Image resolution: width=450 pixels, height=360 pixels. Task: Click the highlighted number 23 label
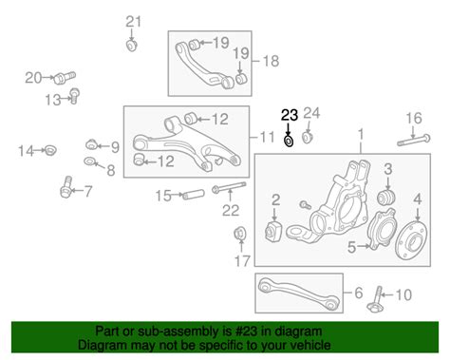click(x=290, y=115)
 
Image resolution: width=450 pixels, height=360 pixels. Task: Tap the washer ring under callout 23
click(x=289, y=141)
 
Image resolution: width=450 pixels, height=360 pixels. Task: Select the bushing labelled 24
click(x=307, y=138)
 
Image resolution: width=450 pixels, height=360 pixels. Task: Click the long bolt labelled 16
click(x=414, y=141)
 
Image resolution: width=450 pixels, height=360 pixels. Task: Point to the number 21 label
click(x=133, y=22)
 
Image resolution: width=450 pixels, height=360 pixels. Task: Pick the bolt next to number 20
click(x=65, y=77)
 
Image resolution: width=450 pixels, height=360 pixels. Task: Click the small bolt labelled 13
click(x=75, y=96)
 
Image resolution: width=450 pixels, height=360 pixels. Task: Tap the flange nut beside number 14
click(x=48, y=150)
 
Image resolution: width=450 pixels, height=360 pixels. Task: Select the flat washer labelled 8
click(x=89, y=161)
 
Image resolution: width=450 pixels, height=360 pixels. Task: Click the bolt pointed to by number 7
click(x=66, y=187)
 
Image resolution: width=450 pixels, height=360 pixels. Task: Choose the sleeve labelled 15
click(x=194, y=194)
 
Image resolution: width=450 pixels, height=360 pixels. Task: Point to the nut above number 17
click(x=240, y=235)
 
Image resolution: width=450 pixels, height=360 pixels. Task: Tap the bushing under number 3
click(x=386, y=197)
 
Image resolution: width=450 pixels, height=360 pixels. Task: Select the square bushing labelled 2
click(x=273, y=232)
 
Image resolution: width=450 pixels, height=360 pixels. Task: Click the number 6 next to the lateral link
click(x=358, y=293)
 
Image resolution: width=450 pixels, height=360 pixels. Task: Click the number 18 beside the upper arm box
click(x=272, y=61)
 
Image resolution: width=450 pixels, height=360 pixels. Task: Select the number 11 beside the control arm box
click(x=267, y=137)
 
